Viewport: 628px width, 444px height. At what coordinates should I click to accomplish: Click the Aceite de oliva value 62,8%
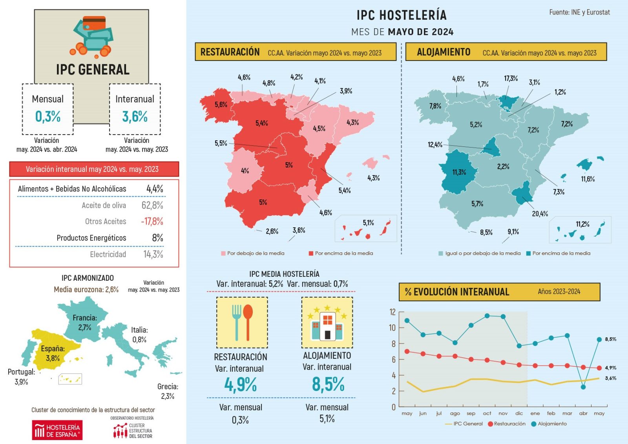(152, 205)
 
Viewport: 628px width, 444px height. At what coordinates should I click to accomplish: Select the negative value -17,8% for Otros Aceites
(152, 221)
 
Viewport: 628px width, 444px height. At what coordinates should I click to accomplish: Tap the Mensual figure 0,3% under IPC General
(48, 116)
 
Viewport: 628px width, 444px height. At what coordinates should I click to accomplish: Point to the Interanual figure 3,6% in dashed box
(135, 116)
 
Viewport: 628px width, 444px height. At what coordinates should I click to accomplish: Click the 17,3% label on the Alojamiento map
(511, 78)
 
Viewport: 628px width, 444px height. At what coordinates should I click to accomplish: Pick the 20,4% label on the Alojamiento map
(540, 214)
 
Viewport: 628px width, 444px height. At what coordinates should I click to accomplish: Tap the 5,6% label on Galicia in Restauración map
(221, 104)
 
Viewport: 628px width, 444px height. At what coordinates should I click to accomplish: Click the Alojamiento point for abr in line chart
(583, 387)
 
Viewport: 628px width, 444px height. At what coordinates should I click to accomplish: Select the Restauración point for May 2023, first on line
(407, 351)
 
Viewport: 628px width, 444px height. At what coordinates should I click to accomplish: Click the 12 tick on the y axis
(392, 312)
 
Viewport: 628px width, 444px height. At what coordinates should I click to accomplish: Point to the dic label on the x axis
(519, 413)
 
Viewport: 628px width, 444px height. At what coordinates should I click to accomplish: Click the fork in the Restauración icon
(236, 322)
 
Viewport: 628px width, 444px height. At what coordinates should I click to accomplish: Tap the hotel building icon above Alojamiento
(327, 325)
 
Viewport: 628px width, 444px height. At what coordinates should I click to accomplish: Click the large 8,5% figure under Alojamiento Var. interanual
(328, 384)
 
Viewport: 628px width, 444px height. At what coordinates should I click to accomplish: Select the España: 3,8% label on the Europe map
(53, 353)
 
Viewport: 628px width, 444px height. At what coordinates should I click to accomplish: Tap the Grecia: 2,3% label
(168, 391)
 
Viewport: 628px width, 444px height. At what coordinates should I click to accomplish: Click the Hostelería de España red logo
(57, 430)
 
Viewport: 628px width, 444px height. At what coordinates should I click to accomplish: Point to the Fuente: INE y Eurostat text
(579, 12)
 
